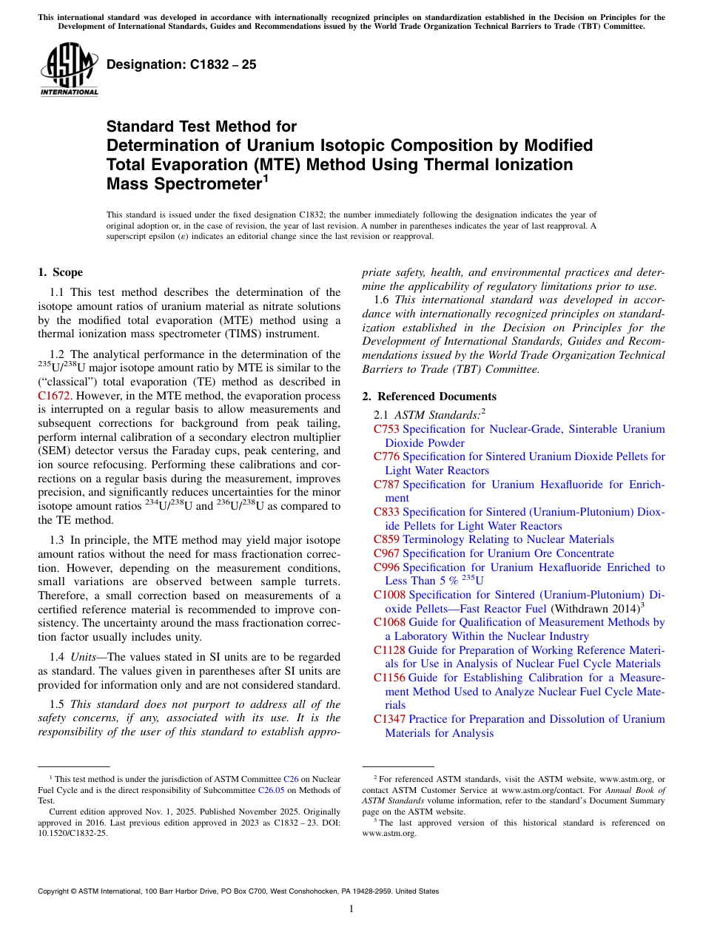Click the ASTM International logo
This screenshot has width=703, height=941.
click(69, 71)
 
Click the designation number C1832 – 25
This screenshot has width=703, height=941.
click(181, 64)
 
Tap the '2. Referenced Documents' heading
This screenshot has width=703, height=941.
click(429, 397)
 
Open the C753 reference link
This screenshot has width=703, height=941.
click(387, 429)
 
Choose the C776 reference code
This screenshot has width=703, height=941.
click(387, 456)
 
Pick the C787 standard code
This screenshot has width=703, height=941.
click(387, 485)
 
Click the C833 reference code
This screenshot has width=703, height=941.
click(387, 512)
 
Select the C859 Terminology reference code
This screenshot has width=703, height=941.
click(387, 539)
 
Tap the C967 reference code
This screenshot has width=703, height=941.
click(387, 553)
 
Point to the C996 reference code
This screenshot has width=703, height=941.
click(387, 567)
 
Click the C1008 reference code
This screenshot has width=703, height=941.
click(390, 595)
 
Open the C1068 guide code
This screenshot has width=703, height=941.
click(390, 622)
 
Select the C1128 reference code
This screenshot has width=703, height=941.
click(390, 650)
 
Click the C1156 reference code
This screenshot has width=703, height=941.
click(390, 678)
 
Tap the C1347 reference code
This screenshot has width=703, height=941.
click(390, 719)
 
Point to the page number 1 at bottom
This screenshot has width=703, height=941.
click(351, 908)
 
